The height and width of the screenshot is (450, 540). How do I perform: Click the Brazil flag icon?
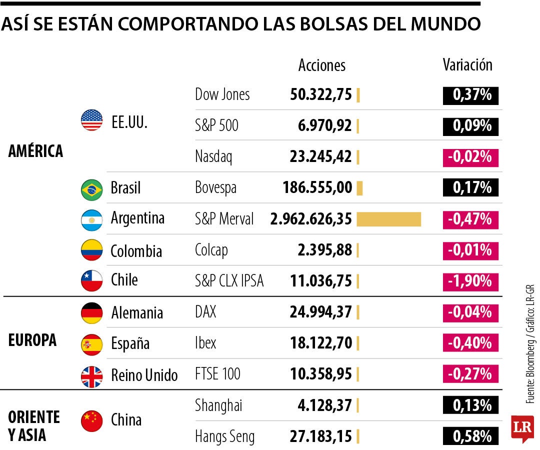(x=91, y=189)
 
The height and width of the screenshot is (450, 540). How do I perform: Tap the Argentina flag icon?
(x=91, y=219)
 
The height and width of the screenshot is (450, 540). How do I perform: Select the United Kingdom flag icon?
(x=91, y=376)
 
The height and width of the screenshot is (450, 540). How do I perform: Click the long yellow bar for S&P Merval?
(x=388, y=219)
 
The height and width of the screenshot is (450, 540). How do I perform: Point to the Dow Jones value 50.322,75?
(x=321, y=94)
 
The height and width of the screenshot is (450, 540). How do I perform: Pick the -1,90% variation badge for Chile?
(x=470, y=281)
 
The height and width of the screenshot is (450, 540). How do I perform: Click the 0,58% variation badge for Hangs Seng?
(x=470, y=436)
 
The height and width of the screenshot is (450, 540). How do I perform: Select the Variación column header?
(x=467, y=65)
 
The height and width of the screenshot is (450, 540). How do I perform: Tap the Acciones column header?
(x=322, y=65)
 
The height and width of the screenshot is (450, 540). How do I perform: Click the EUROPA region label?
(x=32, y=340)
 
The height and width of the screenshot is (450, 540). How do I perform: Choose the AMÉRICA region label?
(x=35, y=151)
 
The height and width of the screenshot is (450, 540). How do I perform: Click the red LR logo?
(x=522, y=428)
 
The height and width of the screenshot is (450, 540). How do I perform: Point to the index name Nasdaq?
(x=213, y=157)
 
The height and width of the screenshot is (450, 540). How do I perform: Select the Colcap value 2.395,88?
(x=324, y=249)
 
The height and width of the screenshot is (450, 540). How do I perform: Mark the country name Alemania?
(x=136, y=313)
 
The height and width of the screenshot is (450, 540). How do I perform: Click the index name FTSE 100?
(x=217, y=373)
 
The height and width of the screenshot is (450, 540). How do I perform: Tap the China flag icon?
(x=91, y=420)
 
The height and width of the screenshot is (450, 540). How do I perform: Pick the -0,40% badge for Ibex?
(x=470, y=343)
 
